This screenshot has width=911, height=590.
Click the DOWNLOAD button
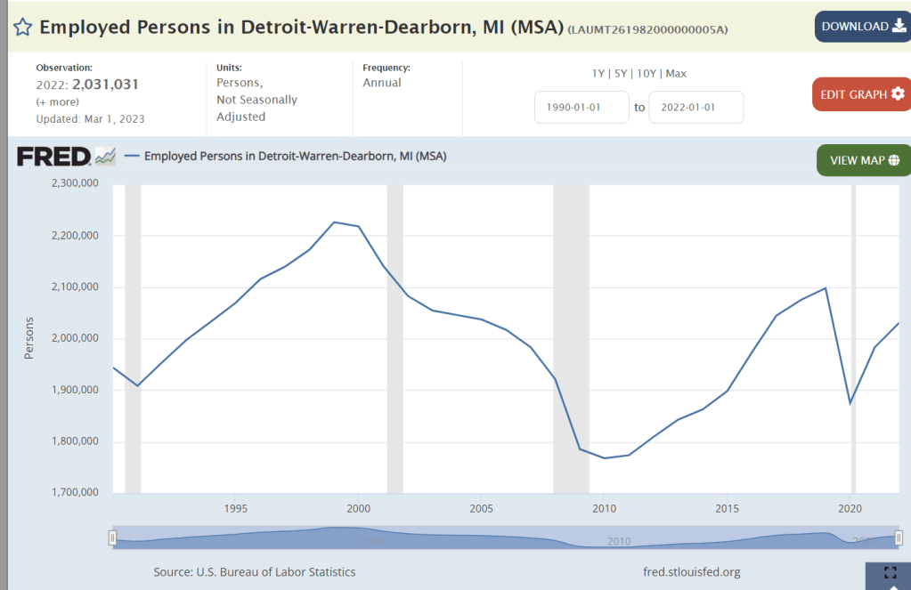[x=862, y=27]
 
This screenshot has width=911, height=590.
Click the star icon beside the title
[x=22, y=27]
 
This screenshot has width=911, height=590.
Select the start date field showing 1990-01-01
[x=582, y=108]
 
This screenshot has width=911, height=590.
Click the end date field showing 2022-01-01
[x=695, y=108]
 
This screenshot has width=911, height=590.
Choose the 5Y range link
[x=616, y=74]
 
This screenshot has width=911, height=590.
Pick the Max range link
[x=676, y=74]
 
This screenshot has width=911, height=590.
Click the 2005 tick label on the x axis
[x=481, y=508]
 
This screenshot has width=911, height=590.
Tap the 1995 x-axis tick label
[x=235, y=508]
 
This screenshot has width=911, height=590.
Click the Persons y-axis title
[x=28, y=338]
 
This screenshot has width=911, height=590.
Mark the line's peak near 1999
[x=334, y=222]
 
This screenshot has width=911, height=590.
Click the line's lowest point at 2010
[x=604, y=458]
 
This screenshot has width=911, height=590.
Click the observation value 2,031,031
[x=101, y=85]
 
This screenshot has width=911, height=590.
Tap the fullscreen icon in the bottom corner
[x=889, y=574]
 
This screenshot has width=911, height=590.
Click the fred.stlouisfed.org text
[x=691, y=572]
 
